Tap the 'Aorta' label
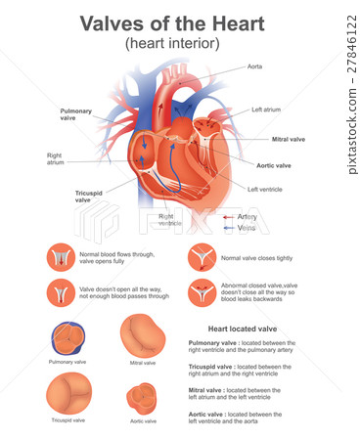pyautogui.click(x=254, y=66)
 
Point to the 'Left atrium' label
pyautogui.click(x=266, y=110)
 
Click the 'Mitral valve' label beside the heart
pyautogui.click(x=289, y=139)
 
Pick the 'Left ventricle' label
pyautogui.click(x=266, y=189)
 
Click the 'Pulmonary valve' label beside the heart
pyautogui.click(x=76, y=115)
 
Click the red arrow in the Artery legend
pyautogui.click(x=227, y=216)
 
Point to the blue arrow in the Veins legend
pyautogui.click(x=227, y=227)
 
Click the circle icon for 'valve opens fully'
pyautogui.click(x=60, y=257)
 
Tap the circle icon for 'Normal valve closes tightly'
pyautogui.click(x=202, y=257)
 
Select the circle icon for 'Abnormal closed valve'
pyautogui.click(x=202, y=292)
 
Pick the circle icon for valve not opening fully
pyautogui.click(x=60, y=292)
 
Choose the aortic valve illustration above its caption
pyautogui.click(x=143, y=398)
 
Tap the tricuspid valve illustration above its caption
pyautogui.click(x=67, y=395)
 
